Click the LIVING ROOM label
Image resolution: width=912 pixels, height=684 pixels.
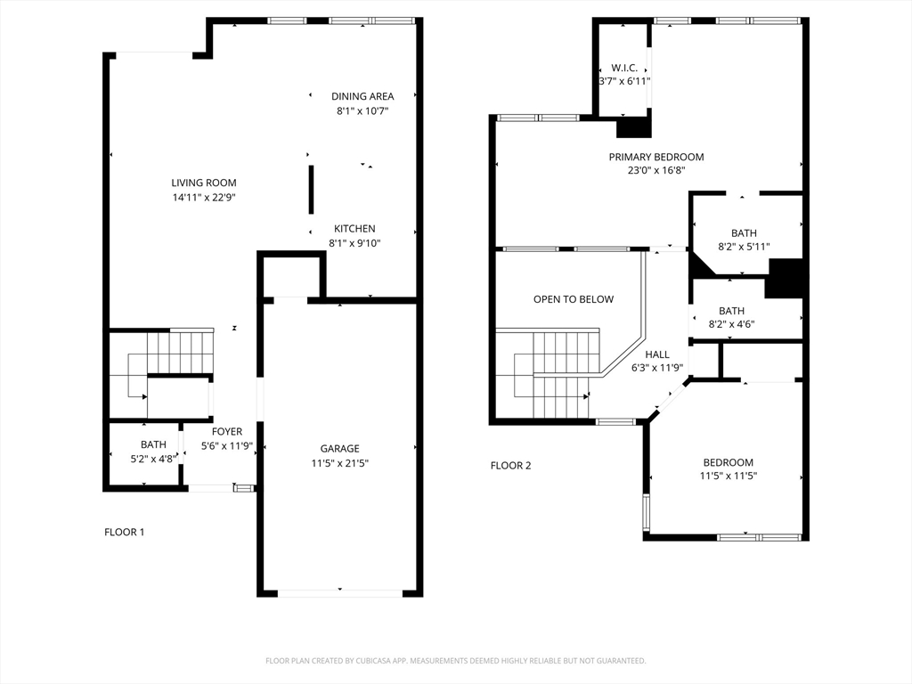tap(204, 183)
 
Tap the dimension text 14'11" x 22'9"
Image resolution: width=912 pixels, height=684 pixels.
tap(204, 197)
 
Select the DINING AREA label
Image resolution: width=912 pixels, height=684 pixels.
tap(362, 96)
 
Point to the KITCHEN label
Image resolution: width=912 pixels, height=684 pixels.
tap(354, 229)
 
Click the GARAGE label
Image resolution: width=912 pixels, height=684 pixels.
tap(339, 449)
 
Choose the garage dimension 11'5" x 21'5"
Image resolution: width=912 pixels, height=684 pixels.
tap(339, 463)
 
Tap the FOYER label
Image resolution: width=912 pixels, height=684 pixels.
tap(227, 432)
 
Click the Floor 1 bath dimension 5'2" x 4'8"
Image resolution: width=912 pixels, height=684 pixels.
tap(153, 459)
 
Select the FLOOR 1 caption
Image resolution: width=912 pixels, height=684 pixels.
tap(125, 533)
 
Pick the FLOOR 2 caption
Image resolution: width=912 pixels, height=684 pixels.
tap(510, 465)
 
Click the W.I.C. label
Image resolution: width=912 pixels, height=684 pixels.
tap(624, 68)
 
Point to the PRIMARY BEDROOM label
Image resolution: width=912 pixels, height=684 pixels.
tap(656, 157)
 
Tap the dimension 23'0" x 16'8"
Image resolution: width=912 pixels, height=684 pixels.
tap(656, 170)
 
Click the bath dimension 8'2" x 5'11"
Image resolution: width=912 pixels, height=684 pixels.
tap(744, 247)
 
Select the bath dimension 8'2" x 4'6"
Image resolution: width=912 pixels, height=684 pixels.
tap(731, 324)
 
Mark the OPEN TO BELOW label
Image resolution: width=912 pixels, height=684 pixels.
tap(574, 299)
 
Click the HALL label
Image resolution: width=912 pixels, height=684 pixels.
tap(657, 354)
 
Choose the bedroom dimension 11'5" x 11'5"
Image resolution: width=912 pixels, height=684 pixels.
tap(729, 476)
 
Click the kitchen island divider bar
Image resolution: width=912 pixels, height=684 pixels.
tap(311, 190)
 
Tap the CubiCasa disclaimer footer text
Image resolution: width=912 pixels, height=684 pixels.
tap(455, 661)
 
